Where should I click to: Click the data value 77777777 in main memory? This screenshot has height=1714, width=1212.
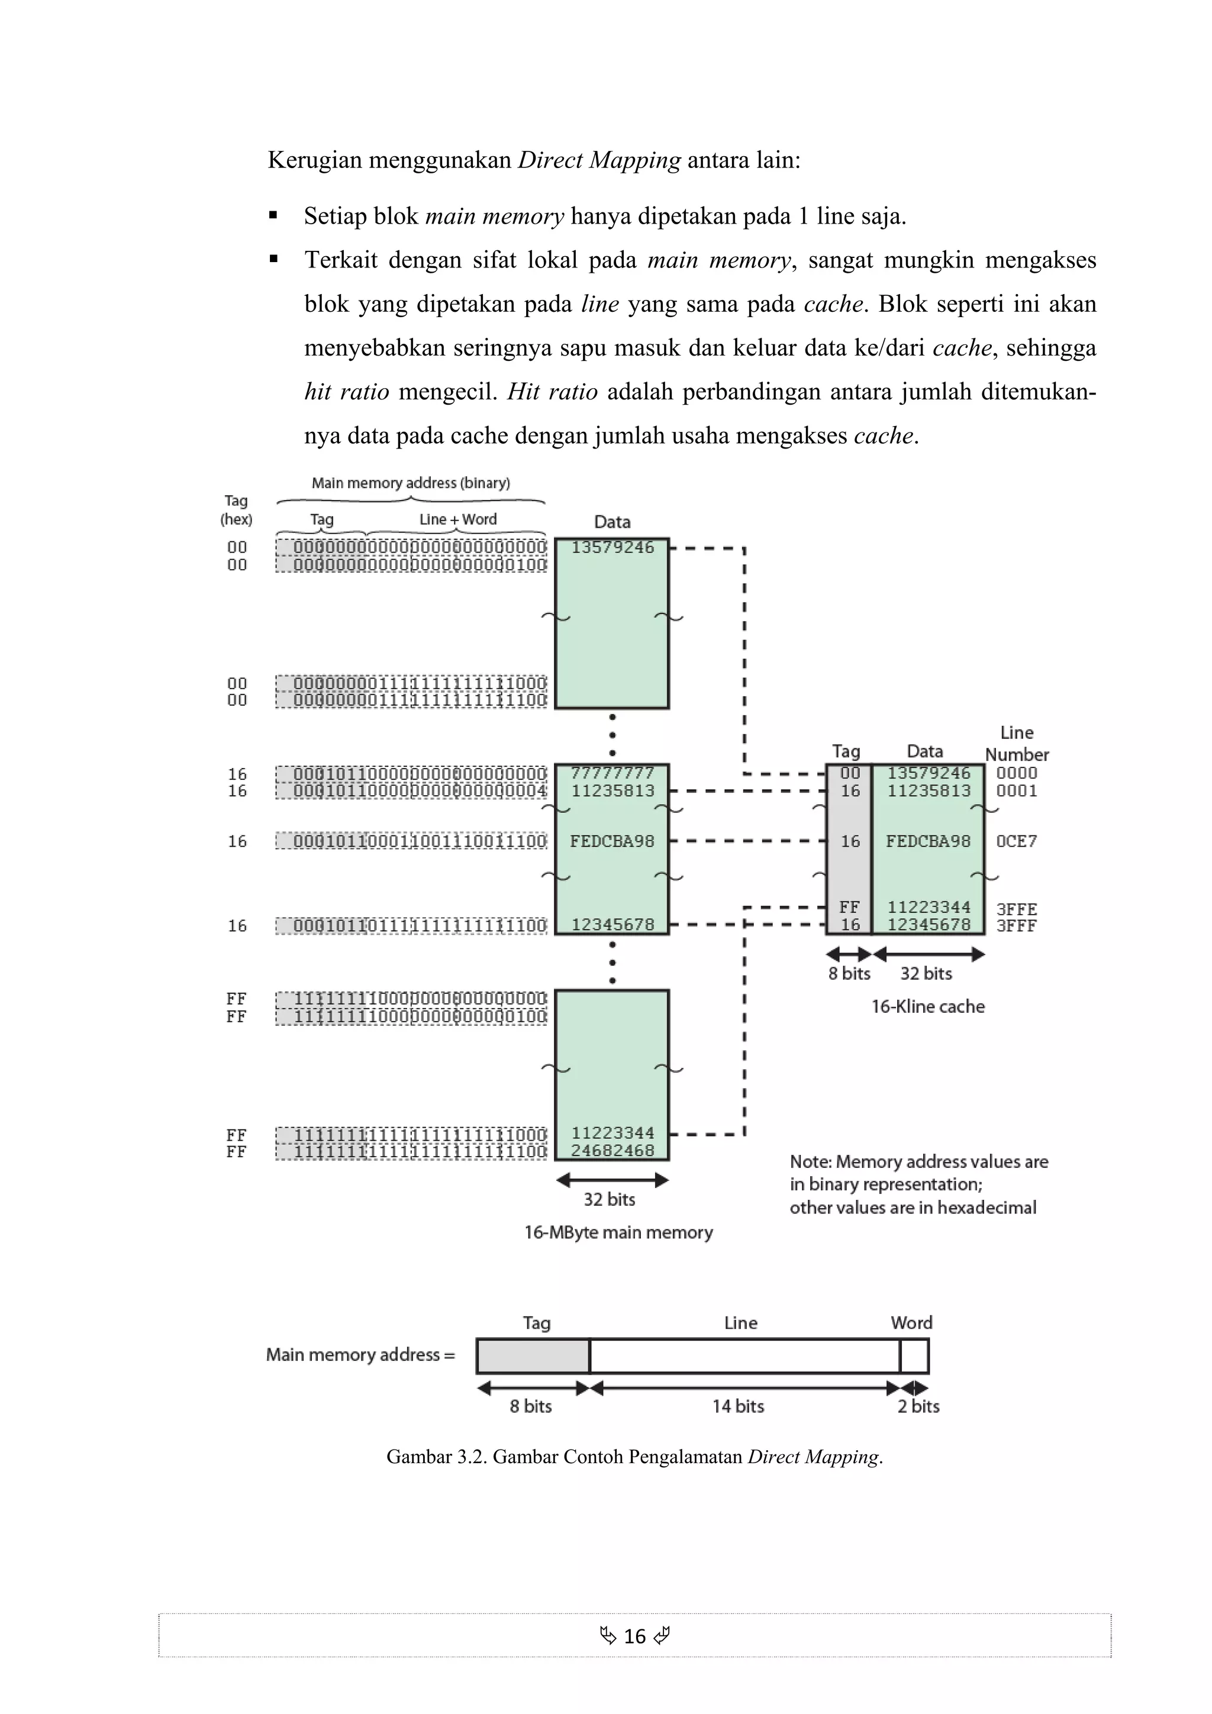(613, 773)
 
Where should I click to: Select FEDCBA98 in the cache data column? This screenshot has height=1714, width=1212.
(928, 841)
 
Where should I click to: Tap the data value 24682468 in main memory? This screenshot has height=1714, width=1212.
(613, 1150)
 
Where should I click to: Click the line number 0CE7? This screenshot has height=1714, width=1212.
(1016, 841)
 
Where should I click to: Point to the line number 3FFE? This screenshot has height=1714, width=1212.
(1016, 909)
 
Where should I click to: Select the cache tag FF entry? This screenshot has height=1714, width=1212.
(849, 907)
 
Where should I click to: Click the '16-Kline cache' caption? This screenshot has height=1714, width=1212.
(927, 1006)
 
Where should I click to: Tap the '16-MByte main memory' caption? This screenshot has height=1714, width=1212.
(618, 1232)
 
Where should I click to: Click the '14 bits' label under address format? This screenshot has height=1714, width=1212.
(738, 1406)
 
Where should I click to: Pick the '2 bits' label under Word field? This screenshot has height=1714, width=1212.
(918, 1406)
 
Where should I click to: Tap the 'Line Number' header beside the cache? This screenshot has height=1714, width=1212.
(1016, 744)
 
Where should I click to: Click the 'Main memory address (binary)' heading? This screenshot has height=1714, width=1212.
(411, 483)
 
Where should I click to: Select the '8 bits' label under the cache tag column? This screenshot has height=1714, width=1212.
(849, 973)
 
